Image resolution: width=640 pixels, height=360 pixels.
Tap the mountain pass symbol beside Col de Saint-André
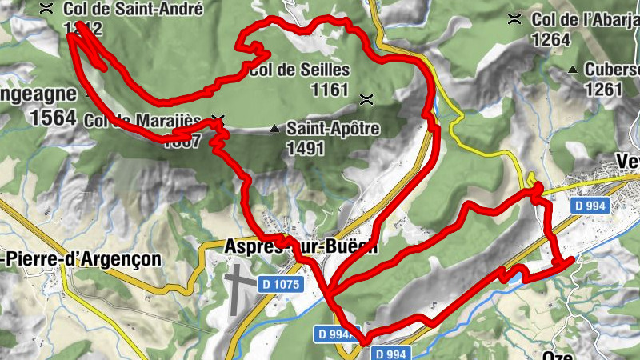pos(47,9)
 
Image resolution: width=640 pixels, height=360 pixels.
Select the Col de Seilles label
pos(299,70)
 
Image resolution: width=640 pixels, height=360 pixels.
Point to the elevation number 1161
pos(330,89)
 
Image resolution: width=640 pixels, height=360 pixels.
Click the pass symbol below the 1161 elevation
pos(367,99)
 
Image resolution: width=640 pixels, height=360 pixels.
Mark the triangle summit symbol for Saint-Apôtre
pos(275,128)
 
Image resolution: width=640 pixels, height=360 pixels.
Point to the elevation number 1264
pos(550,38)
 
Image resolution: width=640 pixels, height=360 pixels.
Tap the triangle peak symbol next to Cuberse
pos(573,70)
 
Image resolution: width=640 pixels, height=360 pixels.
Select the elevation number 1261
pos(603,88)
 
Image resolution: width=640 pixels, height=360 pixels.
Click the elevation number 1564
pos(54,118)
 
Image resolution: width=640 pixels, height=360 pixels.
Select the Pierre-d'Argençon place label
pos(80,259)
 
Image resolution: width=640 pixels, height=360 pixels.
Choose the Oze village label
pos(558,354)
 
